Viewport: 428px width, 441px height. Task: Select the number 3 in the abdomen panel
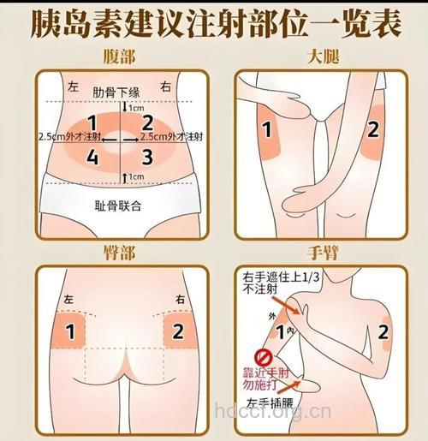(147, 156)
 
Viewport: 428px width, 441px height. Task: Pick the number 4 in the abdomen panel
(92, 157)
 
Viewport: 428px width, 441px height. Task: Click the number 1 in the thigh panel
(265, 130)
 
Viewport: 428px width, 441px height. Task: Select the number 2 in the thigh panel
(372, 130)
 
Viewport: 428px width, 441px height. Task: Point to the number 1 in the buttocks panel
(71, 330)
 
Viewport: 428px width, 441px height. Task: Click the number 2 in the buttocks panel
(177, 330)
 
